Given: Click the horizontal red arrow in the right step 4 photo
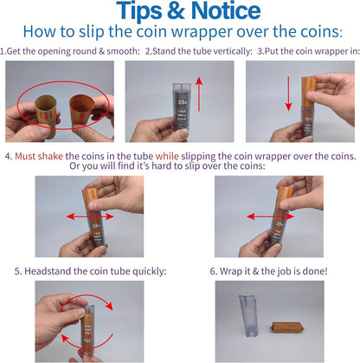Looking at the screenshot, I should (x=270, y=213).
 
